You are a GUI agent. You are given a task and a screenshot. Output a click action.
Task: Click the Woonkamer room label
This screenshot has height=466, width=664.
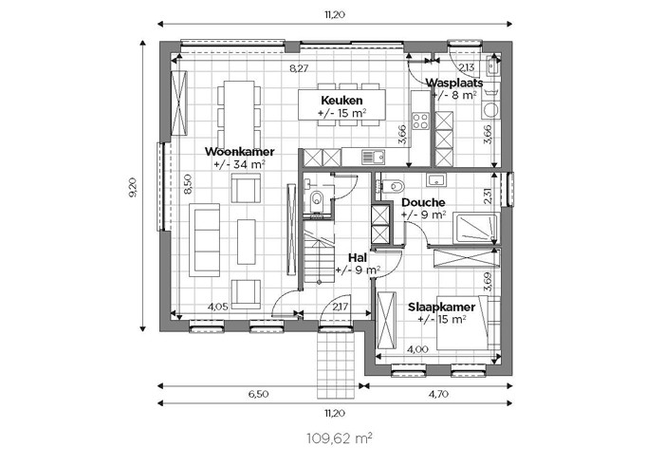240,152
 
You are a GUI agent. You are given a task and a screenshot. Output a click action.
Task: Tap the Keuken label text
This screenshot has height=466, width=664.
341,101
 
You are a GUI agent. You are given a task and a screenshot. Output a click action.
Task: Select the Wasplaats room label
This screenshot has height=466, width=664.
454,83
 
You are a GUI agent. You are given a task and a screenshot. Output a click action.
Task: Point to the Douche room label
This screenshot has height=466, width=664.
423,202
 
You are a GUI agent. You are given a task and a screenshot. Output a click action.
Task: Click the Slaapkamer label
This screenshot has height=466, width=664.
442,307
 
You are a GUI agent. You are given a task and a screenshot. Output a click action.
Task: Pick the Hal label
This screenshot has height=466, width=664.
358,257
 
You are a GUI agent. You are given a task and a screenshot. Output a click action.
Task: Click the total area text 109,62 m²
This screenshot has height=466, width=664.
340,438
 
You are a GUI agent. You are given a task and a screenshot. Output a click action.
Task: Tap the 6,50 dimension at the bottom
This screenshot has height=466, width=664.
258,394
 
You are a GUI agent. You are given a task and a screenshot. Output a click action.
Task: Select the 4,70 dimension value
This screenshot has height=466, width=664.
438,394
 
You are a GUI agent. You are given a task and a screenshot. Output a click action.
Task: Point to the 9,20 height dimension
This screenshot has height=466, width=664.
133,187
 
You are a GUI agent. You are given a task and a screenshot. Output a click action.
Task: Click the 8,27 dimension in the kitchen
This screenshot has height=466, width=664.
299,68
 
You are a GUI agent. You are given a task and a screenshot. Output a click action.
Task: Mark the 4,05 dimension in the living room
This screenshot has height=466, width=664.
218,307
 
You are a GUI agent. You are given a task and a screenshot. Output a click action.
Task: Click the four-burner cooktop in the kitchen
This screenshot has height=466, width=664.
421,121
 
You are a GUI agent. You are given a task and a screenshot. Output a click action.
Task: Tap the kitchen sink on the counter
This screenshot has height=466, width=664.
373,157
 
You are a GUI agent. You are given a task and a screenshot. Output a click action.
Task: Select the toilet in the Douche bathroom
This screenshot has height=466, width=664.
392,186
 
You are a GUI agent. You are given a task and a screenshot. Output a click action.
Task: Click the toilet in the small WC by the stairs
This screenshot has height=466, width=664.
316,200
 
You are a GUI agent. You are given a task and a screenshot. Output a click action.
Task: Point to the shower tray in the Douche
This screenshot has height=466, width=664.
475,229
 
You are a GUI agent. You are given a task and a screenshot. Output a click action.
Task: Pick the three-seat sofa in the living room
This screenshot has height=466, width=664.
205,240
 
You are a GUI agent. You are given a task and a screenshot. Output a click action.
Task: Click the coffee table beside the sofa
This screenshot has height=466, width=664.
246,241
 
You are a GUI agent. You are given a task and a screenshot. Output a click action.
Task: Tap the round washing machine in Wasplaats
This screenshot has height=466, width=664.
491,110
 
